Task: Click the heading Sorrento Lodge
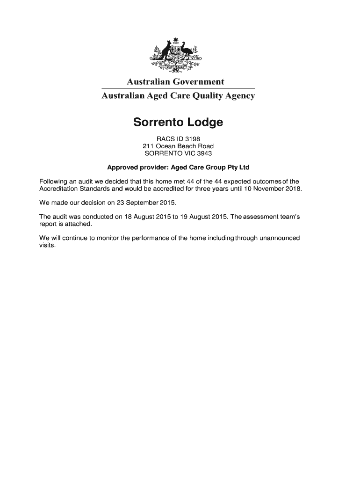178,123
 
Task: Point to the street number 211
148,146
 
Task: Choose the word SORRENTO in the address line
161,153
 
